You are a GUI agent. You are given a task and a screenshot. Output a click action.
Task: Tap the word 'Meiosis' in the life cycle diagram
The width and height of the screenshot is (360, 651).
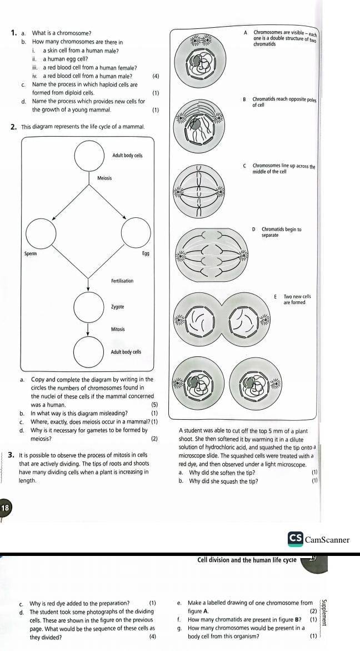[x=104, y=178]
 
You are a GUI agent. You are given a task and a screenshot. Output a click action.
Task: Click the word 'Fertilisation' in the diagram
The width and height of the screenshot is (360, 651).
[x=121, y=281]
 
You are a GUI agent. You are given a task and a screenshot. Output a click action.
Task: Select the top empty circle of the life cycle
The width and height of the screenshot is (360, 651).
[x=88, y=156]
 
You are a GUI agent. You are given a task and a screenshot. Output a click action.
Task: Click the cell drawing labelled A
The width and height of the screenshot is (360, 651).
[x=201, y=61]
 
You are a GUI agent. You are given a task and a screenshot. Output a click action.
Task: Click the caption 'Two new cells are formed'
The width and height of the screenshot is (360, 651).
[x=297, y=300]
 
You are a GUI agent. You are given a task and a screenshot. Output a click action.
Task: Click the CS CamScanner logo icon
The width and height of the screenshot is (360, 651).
[x=295, y=539]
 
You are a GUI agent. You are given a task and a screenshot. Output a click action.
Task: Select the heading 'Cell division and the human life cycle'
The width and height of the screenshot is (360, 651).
[x=247, y=560]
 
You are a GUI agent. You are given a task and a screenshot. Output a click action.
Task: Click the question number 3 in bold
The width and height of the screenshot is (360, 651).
[x=10, y=455]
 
